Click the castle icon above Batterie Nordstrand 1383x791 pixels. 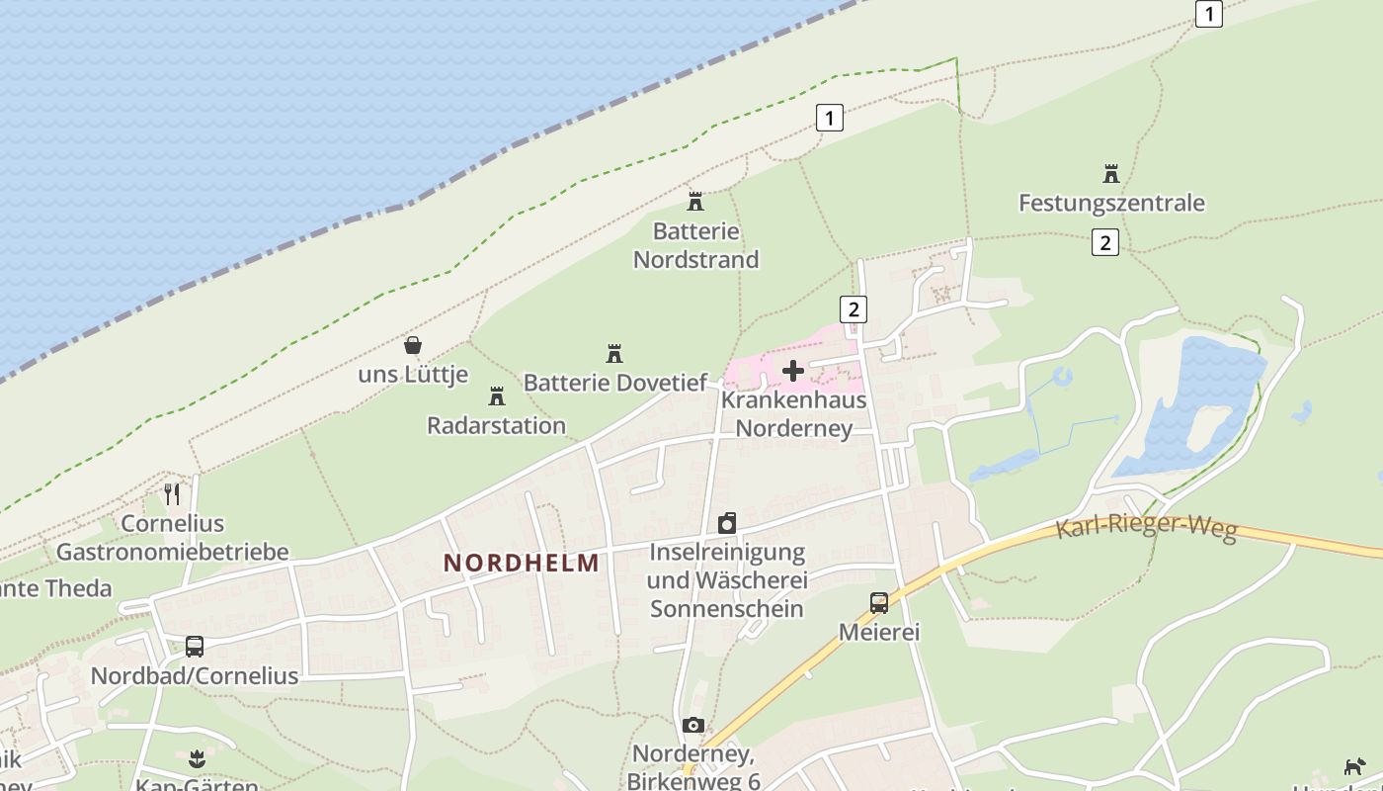tap(695, 202)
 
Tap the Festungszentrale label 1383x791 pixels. tap(1111, 204)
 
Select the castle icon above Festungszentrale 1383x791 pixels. tap(1111, 175)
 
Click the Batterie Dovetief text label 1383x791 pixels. tap(615, 383)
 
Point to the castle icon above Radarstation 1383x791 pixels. tap(496, 396)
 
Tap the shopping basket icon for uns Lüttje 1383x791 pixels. tap(413, 345)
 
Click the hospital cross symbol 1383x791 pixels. tap(793, 371)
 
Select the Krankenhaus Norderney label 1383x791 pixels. tap(793, 414)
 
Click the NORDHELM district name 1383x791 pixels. tap(521, 564)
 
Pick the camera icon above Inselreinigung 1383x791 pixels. tap(727, 523)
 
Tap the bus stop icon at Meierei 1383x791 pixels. tap(878, 602)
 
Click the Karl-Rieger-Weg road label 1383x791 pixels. tap(1146, 527)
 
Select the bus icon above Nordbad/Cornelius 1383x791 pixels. tap(195, 647)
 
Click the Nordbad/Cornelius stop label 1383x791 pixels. tap(195, 676)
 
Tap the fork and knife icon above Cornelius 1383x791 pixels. tap(173, 493)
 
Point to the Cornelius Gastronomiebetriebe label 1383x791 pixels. tap(173, 538)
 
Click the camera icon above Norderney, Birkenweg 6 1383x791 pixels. tap(693, 725)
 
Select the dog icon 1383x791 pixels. tap(1354, 766)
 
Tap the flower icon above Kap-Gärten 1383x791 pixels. tap(197, 759)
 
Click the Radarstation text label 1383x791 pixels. tap(496, 426)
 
